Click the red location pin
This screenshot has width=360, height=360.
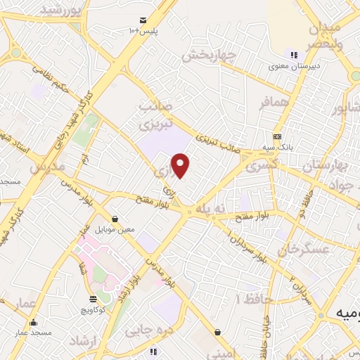[x=181, y=165]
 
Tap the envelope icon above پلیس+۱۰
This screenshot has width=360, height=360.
[x=143, y=20]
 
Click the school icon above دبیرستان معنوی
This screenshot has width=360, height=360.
[x=293, y=55]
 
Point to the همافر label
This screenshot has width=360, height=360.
[x=274, y=103]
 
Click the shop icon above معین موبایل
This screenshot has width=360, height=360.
[x=115, y=219]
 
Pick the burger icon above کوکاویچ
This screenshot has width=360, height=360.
[x=93, y=300]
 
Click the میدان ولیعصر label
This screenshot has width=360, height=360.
[x=323, y=34]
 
